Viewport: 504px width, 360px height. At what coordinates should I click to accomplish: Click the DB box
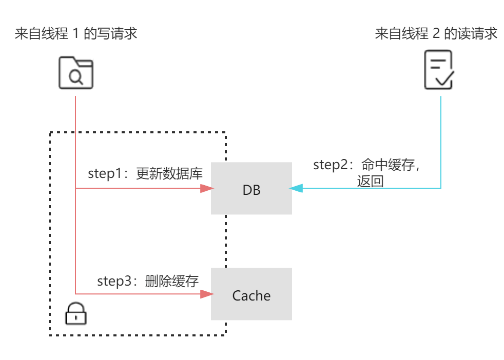tap(251, 188)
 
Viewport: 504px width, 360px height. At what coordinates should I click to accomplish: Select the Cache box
tap(251, 294)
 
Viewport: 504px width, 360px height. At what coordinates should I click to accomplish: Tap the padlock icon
tap(76, 313)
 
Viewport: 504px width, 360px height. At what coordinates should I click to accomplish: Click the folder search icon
tap(76, 72)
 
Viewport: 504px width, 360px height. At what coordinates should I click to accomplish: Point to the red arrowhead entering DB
tap(206, 188)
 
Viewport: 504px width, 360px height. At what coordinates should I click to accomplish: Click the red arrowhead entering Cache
tap(206, 294)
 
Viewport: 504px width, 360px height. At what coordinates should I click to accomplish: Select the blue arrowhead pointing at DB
tap(297, 189)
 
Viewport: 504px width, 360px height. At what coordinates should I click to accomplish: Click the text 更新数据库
tap(169, 174)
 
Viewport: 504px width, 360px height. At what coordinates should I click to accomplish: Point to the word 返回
tap(371, 181)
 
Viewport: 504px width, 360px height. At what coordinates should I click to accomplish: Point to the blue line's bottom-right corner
tap(440, 189)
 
